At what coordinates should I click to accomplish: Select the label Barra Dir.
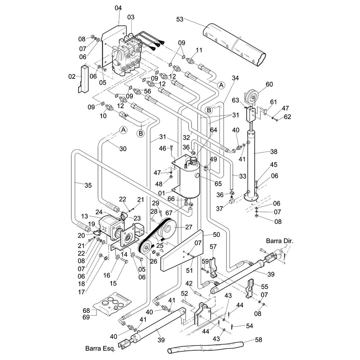point(280,241)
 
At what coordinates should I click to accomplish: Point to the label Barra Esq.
point(100,348)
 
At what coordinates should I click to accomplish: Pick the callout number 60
point(270,85)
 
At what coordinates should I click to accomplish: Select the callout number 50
point(216,234)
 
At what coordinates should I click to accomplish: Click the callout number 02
point(72,77)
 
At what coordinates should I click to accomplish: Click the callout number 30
point(123,148)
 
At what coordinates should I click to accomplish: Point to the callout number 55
point(264,287)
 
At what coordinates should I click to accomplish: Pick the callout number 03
point(130,17)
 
